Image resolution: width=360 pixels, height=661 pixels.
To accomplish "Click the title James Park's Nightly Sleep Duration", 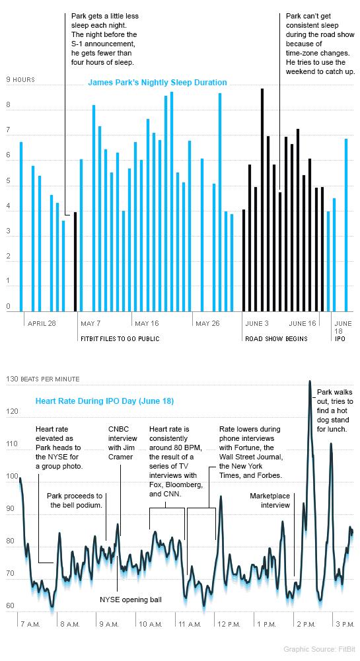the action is click(157, 83).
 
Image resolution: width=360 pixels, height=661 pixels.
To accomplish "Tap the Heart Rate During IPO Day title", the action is click(104, 401).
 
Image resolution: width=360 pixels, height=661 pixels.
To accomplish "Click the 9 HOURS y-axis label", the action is click(20, 80).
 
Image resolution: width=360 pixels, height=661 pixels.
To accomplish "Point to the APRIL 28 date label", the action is click(42, 324).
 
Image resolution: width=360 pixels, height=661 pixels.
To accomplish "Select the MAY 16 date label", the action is click(147, 324).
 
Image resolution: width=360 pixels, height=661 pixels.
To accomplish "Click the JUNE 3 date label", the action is click(257, 324).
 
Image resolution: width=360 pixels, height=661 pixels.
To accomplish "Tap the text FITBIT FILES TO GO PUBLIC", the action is click(120, 339).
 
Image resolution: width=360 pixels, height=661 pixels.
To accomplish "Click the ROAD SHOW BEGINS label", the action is click(276, 339).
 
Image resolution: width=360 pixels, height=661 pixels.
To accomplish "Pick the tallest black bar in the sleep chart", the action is click(262, 200).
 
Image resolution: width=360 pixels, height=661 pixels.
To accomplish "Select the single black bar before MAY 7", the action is click(75, 262).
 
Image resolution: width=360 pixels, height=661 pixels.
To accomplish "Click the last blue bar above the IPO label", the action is click(346, 225).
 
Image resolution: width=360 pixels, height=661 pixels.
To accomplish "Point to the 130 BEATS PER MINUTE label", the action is click(42, 379).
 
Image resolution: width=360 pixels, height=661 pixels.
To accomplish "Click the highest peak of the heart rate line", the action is click(310, 381).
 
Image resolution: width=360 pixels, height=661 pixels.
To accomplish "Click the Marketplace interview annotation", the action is click(270, 500).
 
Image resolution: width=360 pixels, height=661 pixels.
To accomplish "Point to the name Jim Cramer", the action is click(121, 457).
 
